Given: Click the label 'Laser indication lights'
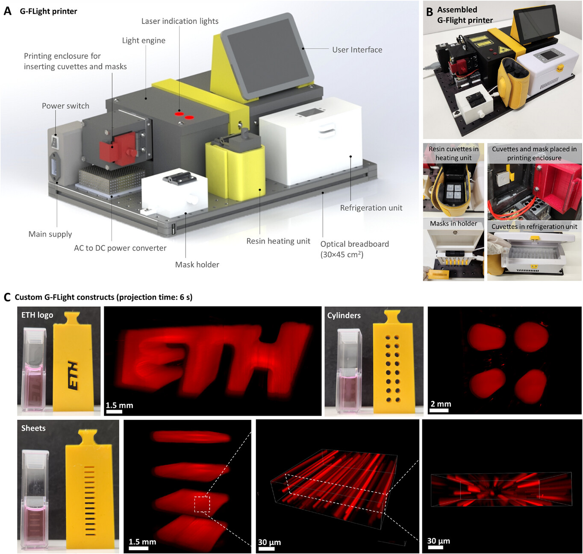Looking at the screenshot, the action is [x=180, y=21].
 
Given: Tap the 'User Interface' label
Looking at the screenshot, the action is [x=357, y=50].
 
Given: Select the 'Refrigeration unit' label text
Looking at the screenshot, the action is [x=371, y=208].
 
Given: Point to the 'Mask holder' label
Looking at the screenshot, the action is [x=197, y=264].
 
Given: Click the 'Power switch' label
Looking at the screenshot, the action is [x=65, y=106].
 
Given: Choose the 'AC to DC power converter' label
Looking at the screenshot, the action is [x=120, y=248].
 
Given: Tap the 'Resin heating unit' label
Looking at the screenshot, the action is [x=278, y=241].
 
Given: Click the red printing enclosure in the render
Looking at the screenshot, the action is [x=117, y=148].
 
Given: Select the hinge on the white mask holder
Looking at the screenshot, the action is [x=179, y=179].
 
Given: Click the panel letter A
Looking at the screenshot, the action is [x=7, y=11].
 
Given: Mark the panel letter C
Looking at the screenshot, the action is [x=7, y=297].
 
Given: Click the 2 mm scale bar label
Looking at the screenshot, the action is [x=441, y=404].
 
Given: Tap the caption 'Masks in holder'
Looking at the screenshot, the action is [x=453, y=223].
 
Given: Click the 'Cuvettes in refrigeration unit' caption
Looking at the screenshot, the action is [x=534, y=227].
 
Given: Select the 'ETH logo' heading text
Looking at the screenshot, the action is [x=37, y=315].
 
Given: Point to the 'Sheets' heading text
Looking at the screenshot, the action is [x=33, y=428].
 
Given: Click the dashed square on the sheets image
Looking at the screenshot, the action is [x=202, y=504].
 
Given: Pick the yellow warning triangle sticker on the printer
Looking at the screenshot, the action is [x=505, y=49].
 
